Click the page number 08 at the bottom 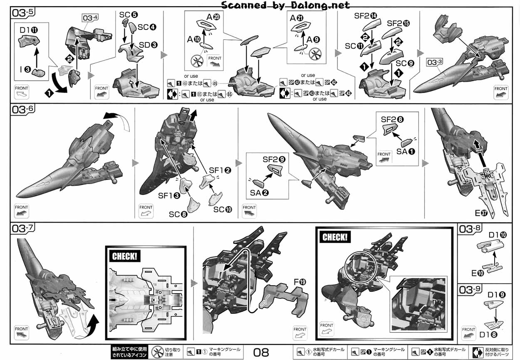(261, 353)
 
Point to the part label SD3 (148, 44)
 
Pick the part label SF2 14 (366, 16)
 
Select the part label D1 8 (488, 334)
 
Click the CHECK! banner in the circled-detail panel (334, 237)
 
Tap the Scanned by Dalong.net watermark (285, 5)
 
